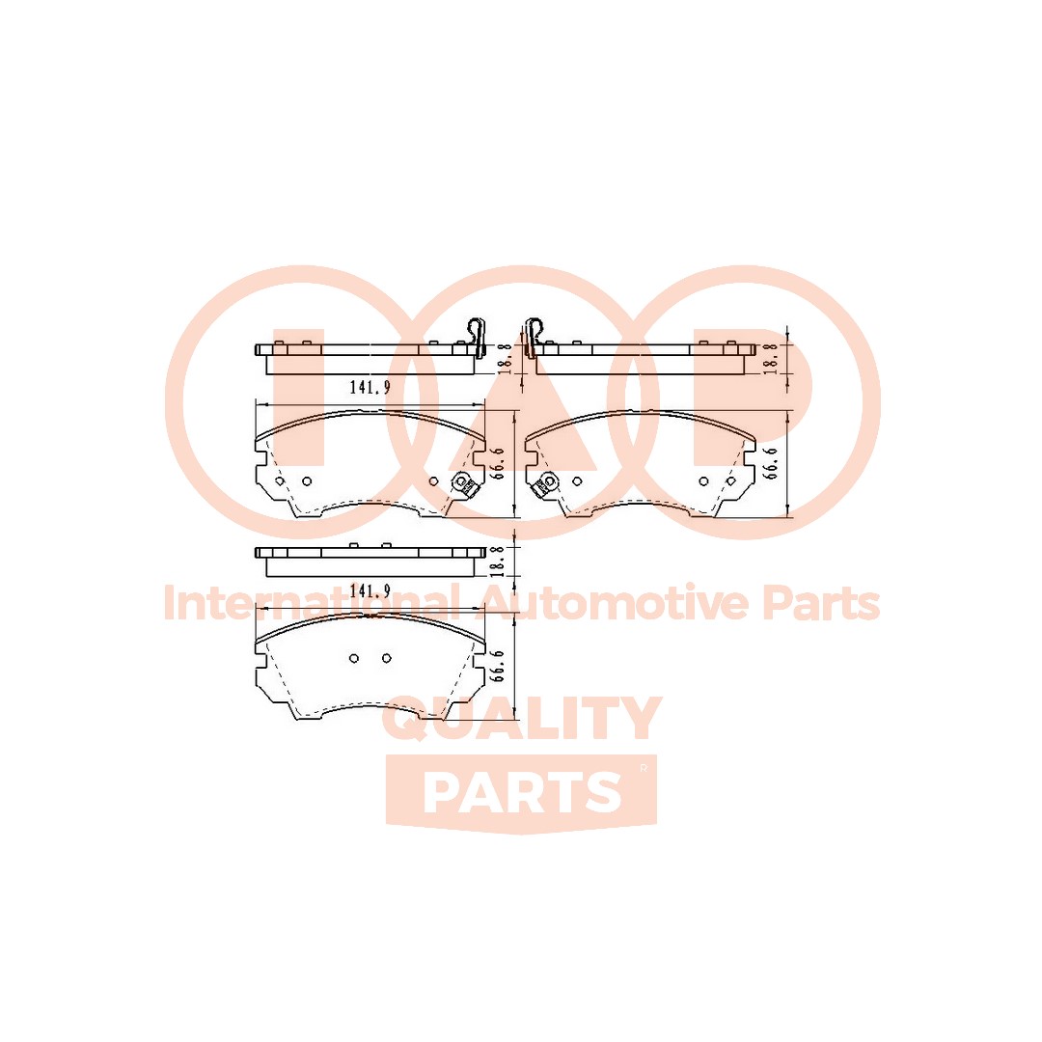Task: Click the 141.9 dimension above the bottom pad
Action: (369, 591)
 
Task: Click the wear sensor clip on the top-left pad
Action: (461, 485)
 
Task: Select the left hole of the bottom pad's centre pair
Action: (354, 658)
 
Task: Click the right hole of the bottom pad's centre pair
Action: (386, 658)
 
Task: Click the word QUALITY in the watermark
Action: (522, 721)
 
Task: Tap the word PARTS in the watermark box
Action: (522, 792)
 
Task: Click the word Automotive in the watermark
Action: (614, 604)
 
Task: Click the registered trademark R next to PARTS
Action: (643, 768)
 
